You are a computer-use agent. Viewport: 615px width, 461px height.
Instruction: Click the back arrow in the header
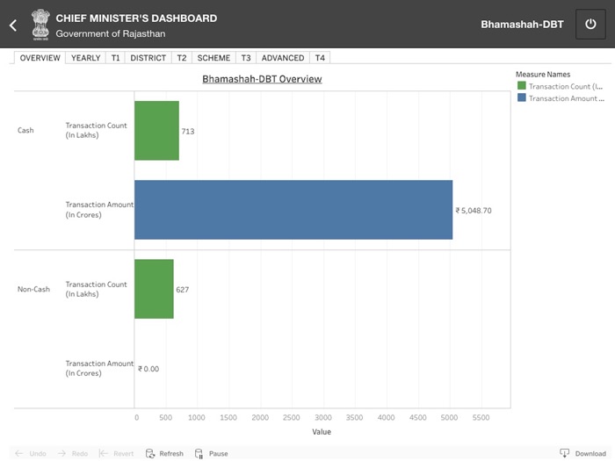coord(13,25)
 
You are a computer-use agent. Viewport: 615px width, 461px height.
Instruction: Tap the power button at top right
coord(590,25)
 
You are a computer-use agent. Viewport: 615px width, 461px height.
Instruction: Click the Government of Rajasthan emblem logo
coord(40,24)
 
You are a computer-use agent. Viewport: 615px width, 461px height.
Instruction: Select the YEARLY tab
coord(85,58)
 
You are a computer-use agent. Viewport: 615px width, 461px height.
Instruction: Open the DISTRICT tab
coord(148,58)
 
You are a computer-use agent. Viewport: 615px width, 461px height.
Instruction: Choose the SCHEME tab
coord(213,58)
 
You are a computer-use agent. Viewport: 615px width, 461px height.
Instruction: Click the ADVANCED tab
coord(283,58)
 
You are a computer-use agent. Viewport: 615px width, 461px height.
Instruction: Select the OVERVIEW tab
coord(40,58)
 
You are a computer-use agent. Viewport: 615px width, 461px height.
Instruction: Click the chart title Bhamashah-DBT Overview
coord(262,79)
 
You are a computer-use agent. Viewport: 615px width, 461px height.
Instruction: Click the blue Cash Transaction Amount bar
coord(293,210)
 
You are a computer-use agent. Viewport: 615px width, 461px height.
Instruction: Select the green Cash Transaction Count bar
coord(156,131)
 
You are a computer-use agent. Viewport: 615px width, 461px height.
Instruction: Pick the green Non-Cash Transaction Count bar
coord(154,289)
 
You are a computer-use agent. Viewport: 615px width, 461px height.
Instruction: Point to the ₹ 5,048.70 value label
coord(474,211)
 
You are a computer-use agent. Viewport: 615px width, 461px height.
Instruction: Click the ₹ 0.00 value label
coord(148,369)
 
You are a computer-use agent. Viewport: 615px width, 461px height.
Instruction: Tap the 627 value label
coord(182,290)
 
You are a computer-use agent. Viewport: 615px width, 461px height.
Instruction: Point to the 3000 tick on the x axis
coord(323,419)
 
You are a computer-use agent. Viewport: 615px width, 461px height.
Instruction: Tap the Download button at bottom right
coord(583,453)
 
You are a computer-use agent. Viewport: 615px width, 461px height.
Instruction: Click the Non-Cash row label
coord(33,289)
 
